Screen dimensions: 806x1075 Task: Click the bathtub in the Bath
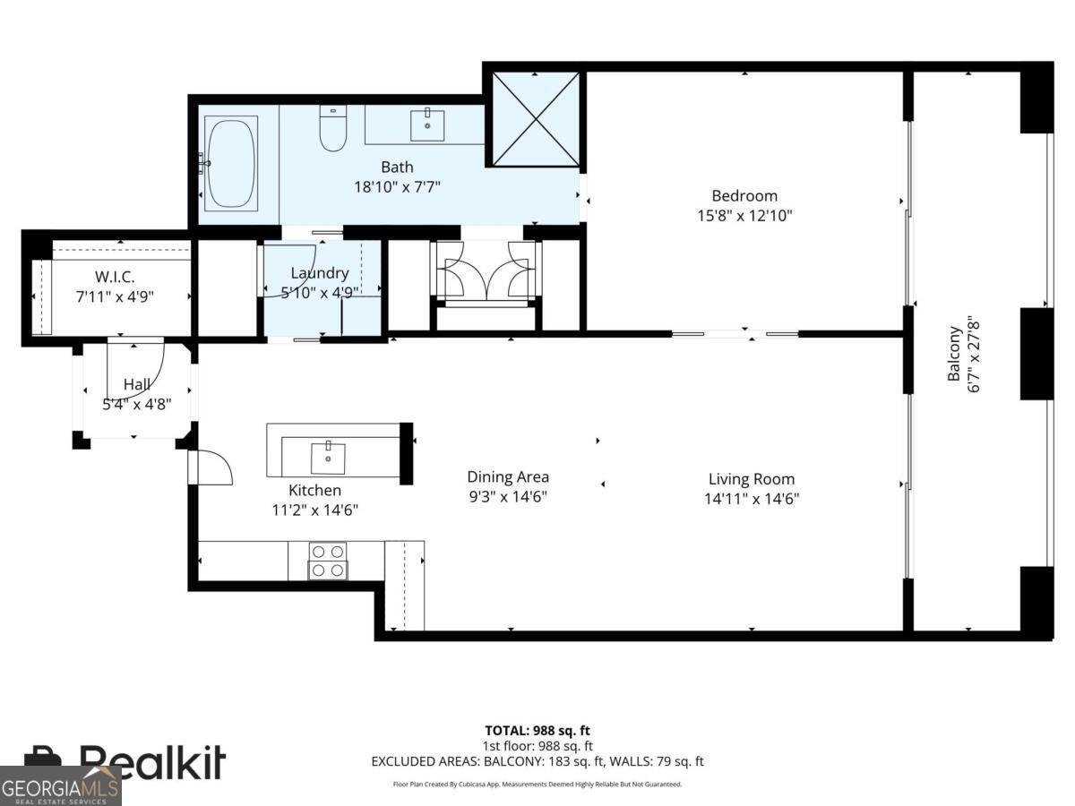(230, 163)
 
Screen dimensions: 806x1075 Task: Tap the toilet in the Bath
(332, 129)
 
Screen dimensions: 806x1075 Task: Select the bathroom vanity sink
(427, 125)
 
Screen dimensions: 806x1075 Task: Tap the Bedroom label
(744, 195)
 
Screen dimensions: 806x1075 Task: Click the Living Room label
(751, 479)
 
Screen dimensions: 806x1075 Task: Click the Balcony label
(955, 354)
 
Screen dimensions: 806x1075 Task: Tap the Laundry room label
(319, 273)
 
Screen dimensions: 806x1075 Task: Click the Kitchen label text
(314, 490)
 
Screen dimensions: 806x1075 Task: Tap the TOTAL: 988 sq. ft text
(537, 731)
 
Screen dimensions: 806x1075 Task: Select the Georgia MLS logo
(60, 786)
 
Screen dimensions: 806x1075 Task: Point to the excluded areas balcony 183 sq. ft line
(537, 761)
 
